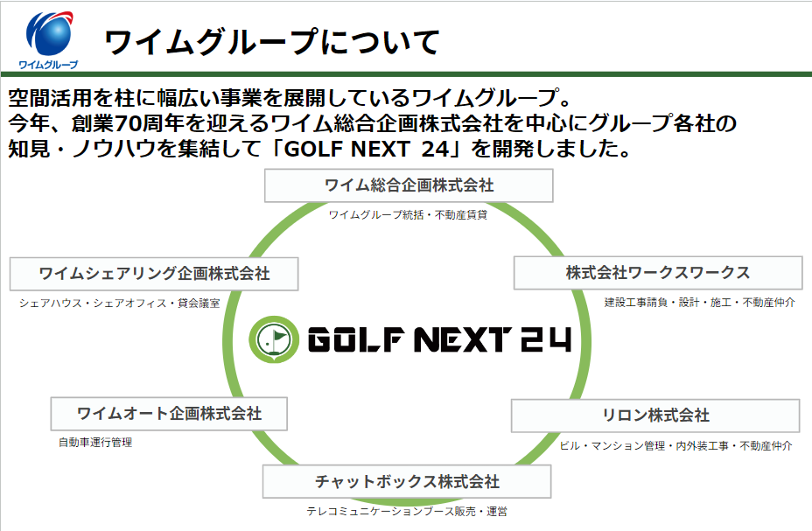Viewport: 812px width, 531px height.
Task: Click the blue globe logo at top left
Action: pyautogui.click(x=50, y=33)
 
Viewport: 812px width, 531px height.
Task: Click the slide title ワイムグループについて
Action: pyautogui.click(x=271, y=41)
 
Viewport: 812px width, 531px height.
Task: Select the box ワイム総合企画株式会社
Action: pyautogui.click(x=409, y=185)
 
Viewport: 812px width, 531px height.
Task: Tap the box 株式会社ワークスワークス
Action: pyautogui.click(x=657, y=273)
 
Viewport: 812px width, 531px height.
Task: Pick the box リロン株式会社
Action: pyautogui.click(x=655, y=416)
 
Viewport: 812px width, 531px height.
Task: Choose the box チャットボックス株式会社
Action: pyautogui.click(x=407, y=482)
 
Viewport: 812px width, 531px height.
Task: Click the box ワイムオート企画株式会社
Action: pyautogui.click(x=169, y=413)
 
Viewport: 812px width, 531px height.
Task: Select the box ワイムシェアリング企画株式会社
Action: pyautogui.click(x=154, y=274)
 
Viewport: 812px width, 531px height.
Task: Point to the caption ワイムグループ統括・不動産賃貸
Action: pyautogui.click(x=408, y=214)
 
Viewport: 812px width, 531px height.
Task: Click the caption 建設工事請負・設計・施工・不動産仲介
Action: pyautogui.click(x=699, y=302)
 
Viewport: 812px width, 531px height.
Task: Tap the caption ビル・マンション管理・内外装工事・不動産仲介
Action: pyautogui.click(x=676, y=445)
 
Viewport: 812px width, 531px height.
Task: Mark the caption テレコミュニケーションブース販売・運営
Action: pyautogui.click(x=407, y=512)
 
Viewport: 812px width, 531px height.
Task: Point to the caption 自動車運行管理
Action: pyautogui.click(x=95, y=443)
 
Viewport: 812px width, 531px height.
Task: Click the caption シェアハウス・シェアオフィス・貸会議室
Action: pyautogui.click(x=119, y=303)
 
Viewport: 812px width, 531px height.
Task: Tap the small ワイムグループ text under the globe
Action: pyautogui.click(x=49, y=65)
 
